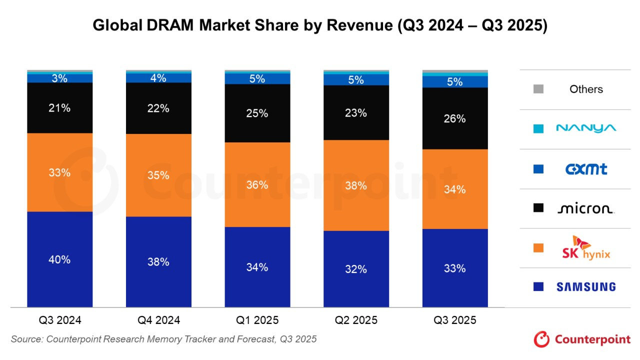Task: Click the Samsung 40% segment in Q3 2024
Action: tap(59, 259)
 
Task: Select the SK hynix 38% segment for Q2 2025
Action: tap(356, 185)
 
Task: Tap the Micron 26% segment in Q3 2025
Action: tap(454, 118)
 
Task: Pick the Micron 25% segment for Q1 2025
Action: tap(257, 113)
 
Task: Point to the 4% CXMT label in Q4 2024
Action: tap(158, 78)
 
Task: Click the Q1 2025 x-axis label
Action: tap(257, 320)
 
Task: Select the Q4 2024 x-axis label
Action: tap(158, 320)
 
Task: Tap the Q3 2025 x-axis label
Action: tap(454, 320)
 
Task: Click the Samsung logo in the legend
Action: tap(586, 287)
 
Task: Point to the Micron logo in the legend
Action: tap(585, 208)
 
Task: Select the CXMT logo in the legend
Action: tap(586, 169)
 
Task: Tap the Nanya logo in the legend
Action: tap(586, 128)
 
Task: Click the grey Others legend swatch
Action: tap(538, 89)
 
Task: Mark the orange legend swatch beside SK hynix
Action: tap(538, 247)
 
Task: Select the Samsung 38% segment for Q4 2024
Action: tap(158, 261)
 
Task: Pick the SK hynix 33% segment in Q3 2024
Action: tap(59, 172)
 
